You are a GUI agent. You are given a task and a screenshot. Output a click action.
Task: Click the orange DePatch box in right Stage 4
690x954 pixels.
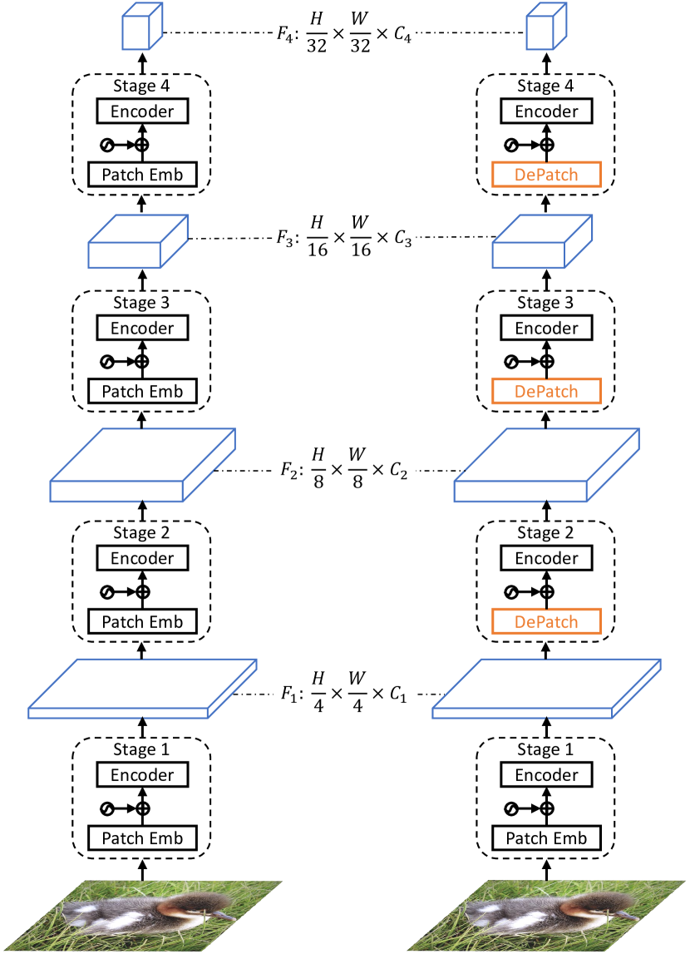[546, 175]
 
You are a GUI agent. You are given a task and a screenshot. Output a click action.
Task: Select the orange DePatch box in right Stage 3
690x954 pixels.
[546, 391]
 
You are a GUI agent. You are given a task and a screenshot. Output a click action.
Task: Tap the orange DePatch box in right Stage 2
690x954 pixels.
[546, 621]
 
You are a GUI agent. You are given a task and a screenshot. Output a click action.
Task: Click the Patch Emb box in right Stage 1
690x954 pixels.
[546, 838]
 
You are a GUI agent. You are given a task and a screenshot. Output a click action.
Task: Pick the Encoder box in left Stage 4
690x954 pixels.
[142, 111]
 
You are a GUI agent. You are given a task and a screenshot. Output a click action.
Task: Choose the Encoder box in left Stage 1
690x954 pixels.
[142, 775]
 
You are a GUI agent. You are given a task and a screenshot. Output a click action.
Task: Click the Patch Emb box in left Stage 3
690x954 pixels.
[142, 391]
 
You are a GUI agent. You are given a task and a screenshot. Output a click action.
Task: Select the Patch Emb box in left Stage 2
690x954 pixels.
[142, 621]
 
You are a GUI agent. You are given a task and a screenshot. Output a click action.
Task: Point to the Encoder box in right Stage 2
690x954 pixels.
[546, 558]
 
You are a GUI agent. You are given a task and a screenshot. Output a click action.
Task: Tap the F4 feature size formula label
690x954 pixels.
[344, 32]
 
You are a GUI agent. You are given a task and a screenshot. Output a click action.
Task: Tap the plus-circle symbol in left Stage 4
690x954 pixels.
[142, 145]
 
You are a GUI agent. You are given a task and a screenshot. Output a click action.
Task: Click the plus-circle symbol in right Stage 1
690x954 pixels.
[546, 808]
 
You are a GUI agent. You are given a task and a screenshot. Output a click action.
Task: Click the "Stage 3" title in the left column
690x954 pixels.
[142, 303]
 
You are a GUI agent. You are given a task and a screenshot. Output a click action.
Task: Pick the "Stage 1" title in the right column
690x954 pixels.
[546, 750]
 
